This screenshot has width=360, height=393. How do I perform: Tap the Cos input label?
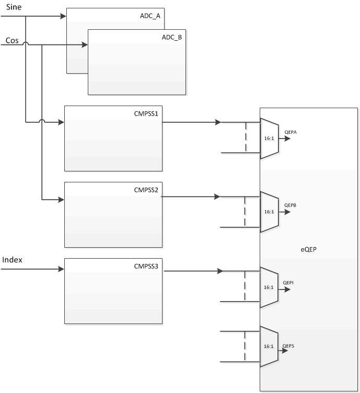13,40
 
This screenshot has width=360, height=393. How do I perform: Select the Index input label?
13,260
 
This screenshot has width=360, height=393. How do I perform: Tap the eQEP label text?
307,250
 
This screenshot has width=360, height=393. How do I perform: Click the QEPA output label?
291,132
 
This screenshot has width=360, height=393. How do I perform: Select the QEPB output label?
291,205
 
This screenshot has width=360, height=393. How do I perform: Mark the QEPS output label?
289,346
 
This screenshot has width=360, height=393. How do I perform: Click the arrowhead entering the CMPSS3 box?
61,270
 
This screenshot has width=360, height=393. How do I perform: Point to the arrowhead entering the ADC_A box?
64,15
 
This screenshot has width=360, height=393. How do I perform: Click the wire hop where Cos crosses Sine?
26,45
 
